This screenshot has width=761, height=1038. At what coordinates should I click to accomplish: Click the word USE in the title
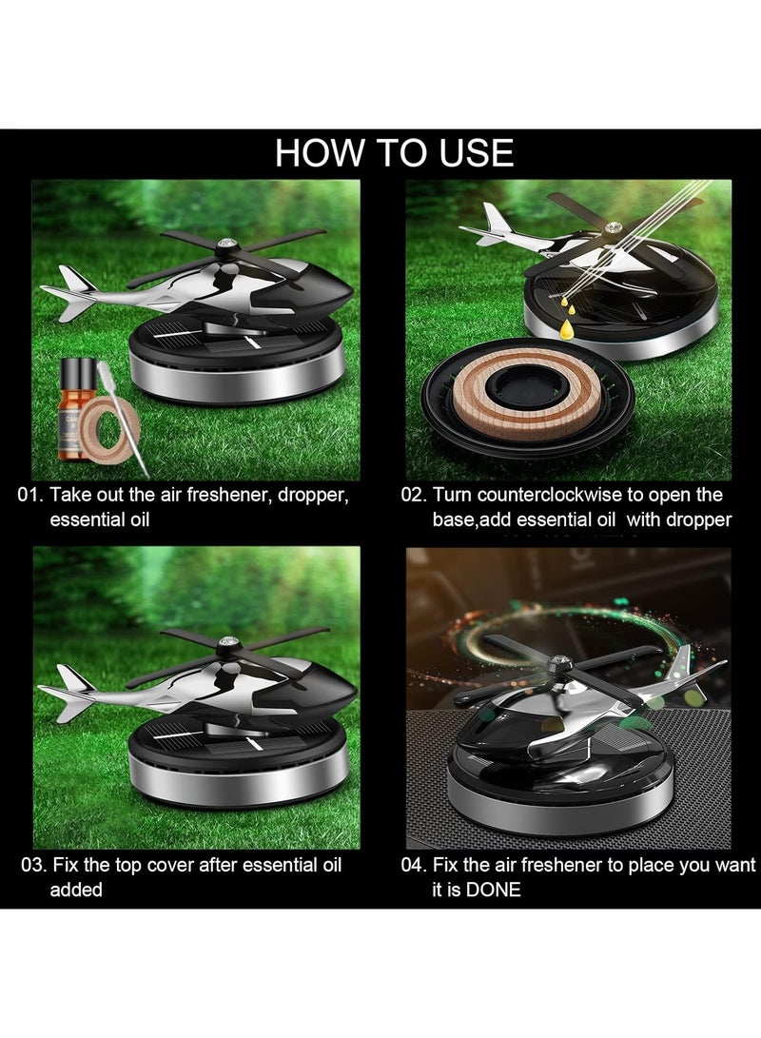click(x=466, y=153)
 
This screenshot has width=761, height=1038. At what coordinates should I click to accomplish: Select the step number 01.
click(x=30, y=495)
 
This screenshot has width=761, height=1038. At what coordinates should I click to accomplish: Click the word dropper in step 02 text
click(x=701, y=519)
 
